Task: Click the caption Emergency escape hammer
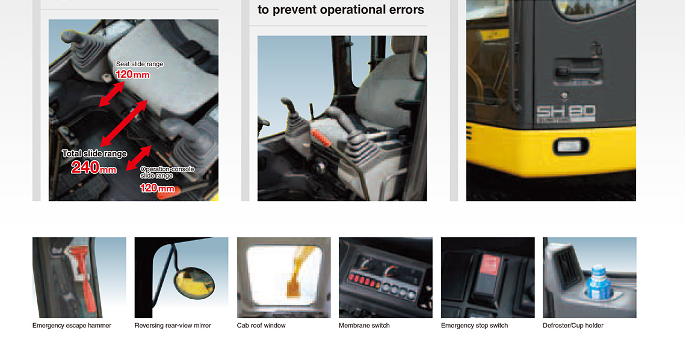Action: point(72,326)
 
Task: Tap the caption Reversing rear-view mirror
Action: point(173,326)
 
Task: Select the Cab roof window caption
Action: point(261,326)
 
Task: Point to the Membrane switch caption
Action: point(364,326)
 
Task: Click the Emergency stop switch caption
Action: point(474,326)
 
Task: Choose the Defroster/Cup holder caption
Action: point(573,326)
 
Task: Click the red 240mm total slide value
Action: point(94,167)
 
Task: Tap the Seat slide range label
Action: point(140,64)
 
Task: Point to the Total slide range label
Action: point(94,154)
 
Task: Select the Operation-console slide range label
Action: point(167,172)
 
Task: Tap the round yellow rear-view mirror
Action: point(194,283)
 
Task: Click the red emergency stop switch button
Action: point(490,265)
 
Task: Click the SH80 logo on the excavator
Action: point(566,114)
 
